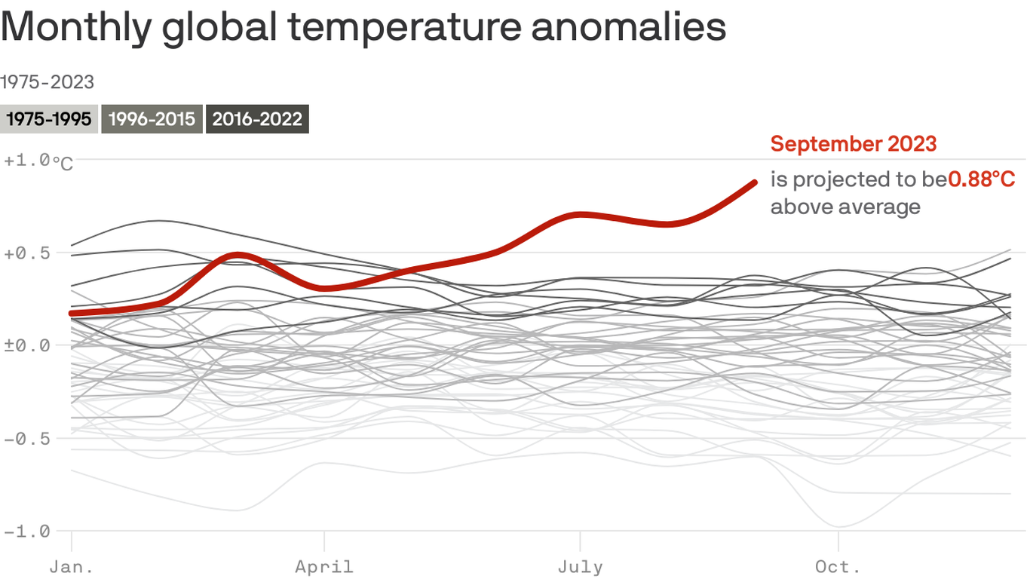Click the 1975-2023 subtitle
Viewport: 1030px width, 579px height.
pyautogui.click(x=47, y=82)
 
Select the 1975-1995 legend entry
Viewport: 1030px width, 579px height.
pyautogui.click(x=48, y=119)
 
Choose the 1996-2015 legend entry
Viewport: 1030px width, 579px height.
pyautogui.click(x=152, y=119)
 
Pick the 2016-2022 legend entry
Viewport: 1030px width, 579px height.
pyautogui.click(x=257, y=119)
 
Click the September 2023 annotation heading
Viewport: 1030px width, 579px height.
pyautogui.click(x=854, y=144)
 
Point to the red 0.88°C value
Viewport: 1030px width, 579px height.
pyautogui.click(x=981, y=179)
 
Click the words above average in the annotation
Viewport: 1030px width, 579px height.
pyautogui.click(x=845, y=207)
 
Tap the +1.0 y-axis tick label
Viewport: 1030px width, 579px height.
pyautogui.click(x=26, y=160)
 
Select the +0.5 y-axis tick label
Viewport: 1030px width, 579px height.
pyautogui.click(x=26, y=253)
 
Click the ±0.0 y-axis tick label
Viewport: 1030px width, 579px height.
pyautogui.click(x=26, y=346)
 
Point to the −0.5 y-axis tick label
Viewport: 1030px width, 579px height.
pyautogui.click(x=26, y=439)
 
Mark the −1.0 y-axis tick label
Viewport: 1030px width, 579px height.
pyautogui.click(x=26, y=532)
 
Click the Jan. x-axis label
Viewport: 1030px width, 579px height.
pyautogui.click(x=71, y=567)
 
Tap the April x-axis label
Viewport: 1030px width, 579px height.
pyautogui.click(x=324, y=567)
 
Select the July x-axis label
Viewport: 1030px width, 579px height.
pyautogui.click(x=580, y=567)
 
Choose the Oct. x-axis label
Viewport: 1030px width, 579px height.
pyautogui.click(x=838, y=567)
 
